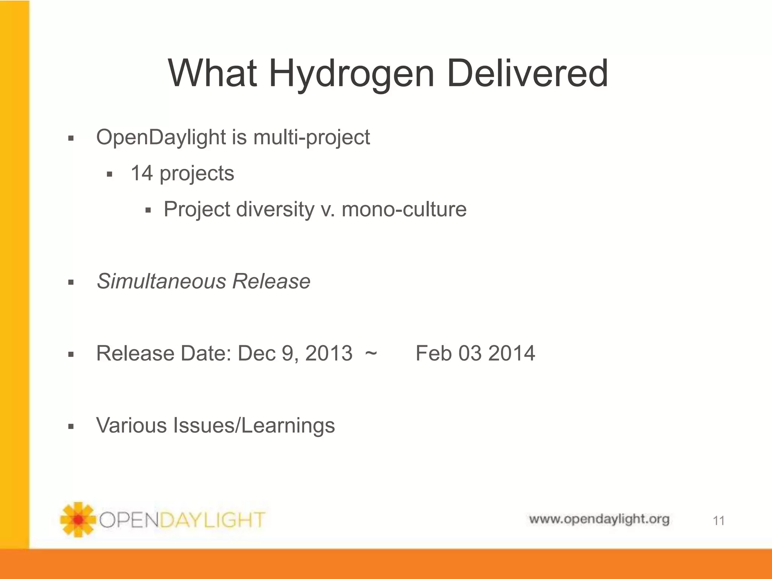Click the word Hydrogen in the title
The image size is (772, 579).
(x=352, y=74)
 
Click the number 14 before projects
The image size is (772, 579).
(x=142, y=173)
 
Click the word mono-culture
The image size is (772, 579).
(x=404, y=209)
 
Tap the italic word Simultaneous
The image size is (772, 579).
(x=161, y=281)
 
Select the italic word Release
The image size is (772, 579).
(x=271, y=281)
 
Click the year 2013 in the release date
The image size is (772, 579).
(x=329, y=354)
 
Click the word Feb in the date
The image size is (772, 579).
(x=433, y=354)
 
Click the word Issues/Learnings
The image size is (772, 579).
(x=254, y=426)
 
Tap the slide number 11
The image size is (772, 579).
(x=718, y=521)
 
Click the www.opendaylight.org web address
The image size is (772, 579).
(x=599, y=519)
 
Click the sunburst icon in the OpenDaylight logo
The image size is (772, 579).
(x=78, y=519)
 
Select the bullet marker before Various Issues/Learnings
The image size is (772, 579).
(x=70, y=427)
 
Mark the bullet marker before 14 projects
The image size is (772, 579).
(x=110, y=175)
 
